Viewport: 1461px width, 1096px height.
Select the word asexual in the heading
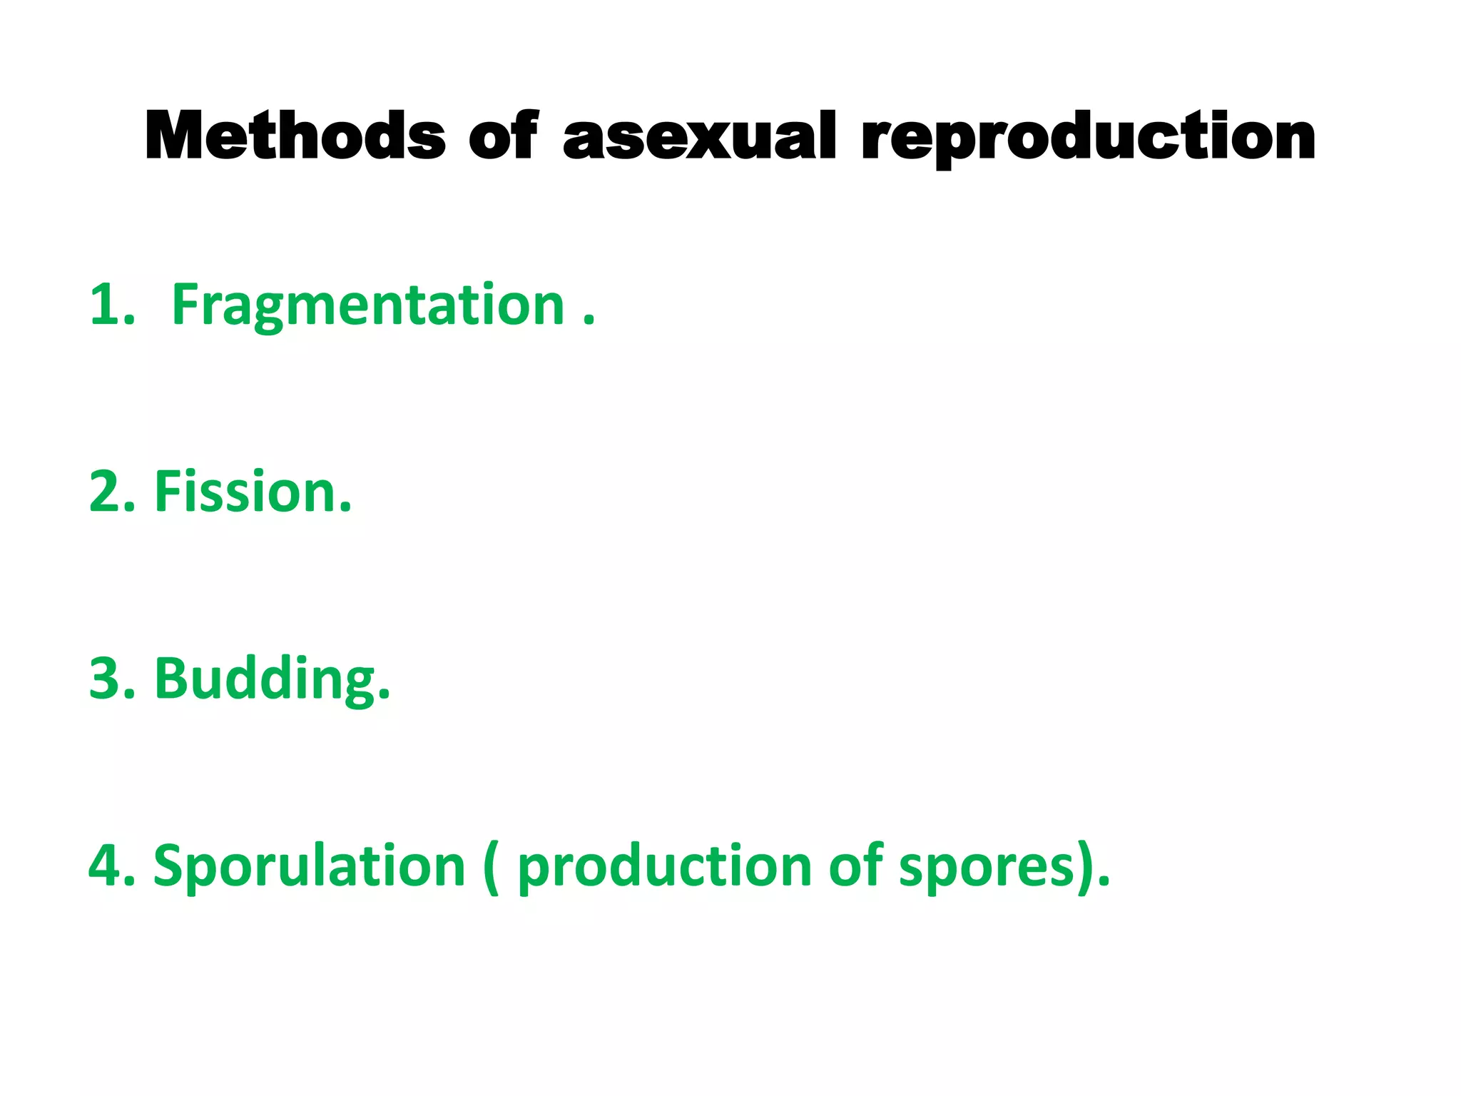click(x=699, y=137)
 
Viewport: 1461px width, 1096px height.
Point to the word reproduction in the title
click(x=1088, y=138)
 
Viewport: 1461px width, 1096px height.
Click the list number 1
click(x=107, y=305)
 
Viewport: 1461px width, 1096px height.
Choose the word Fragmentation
click(x=368, y=307)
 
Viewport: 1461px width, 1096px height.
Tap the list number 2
click(x=107, y=492)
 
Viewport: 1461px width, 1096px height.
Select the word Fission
click(x=246, y=492)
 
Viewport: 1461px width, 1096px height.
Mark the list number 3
click(x=107, y=679)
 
